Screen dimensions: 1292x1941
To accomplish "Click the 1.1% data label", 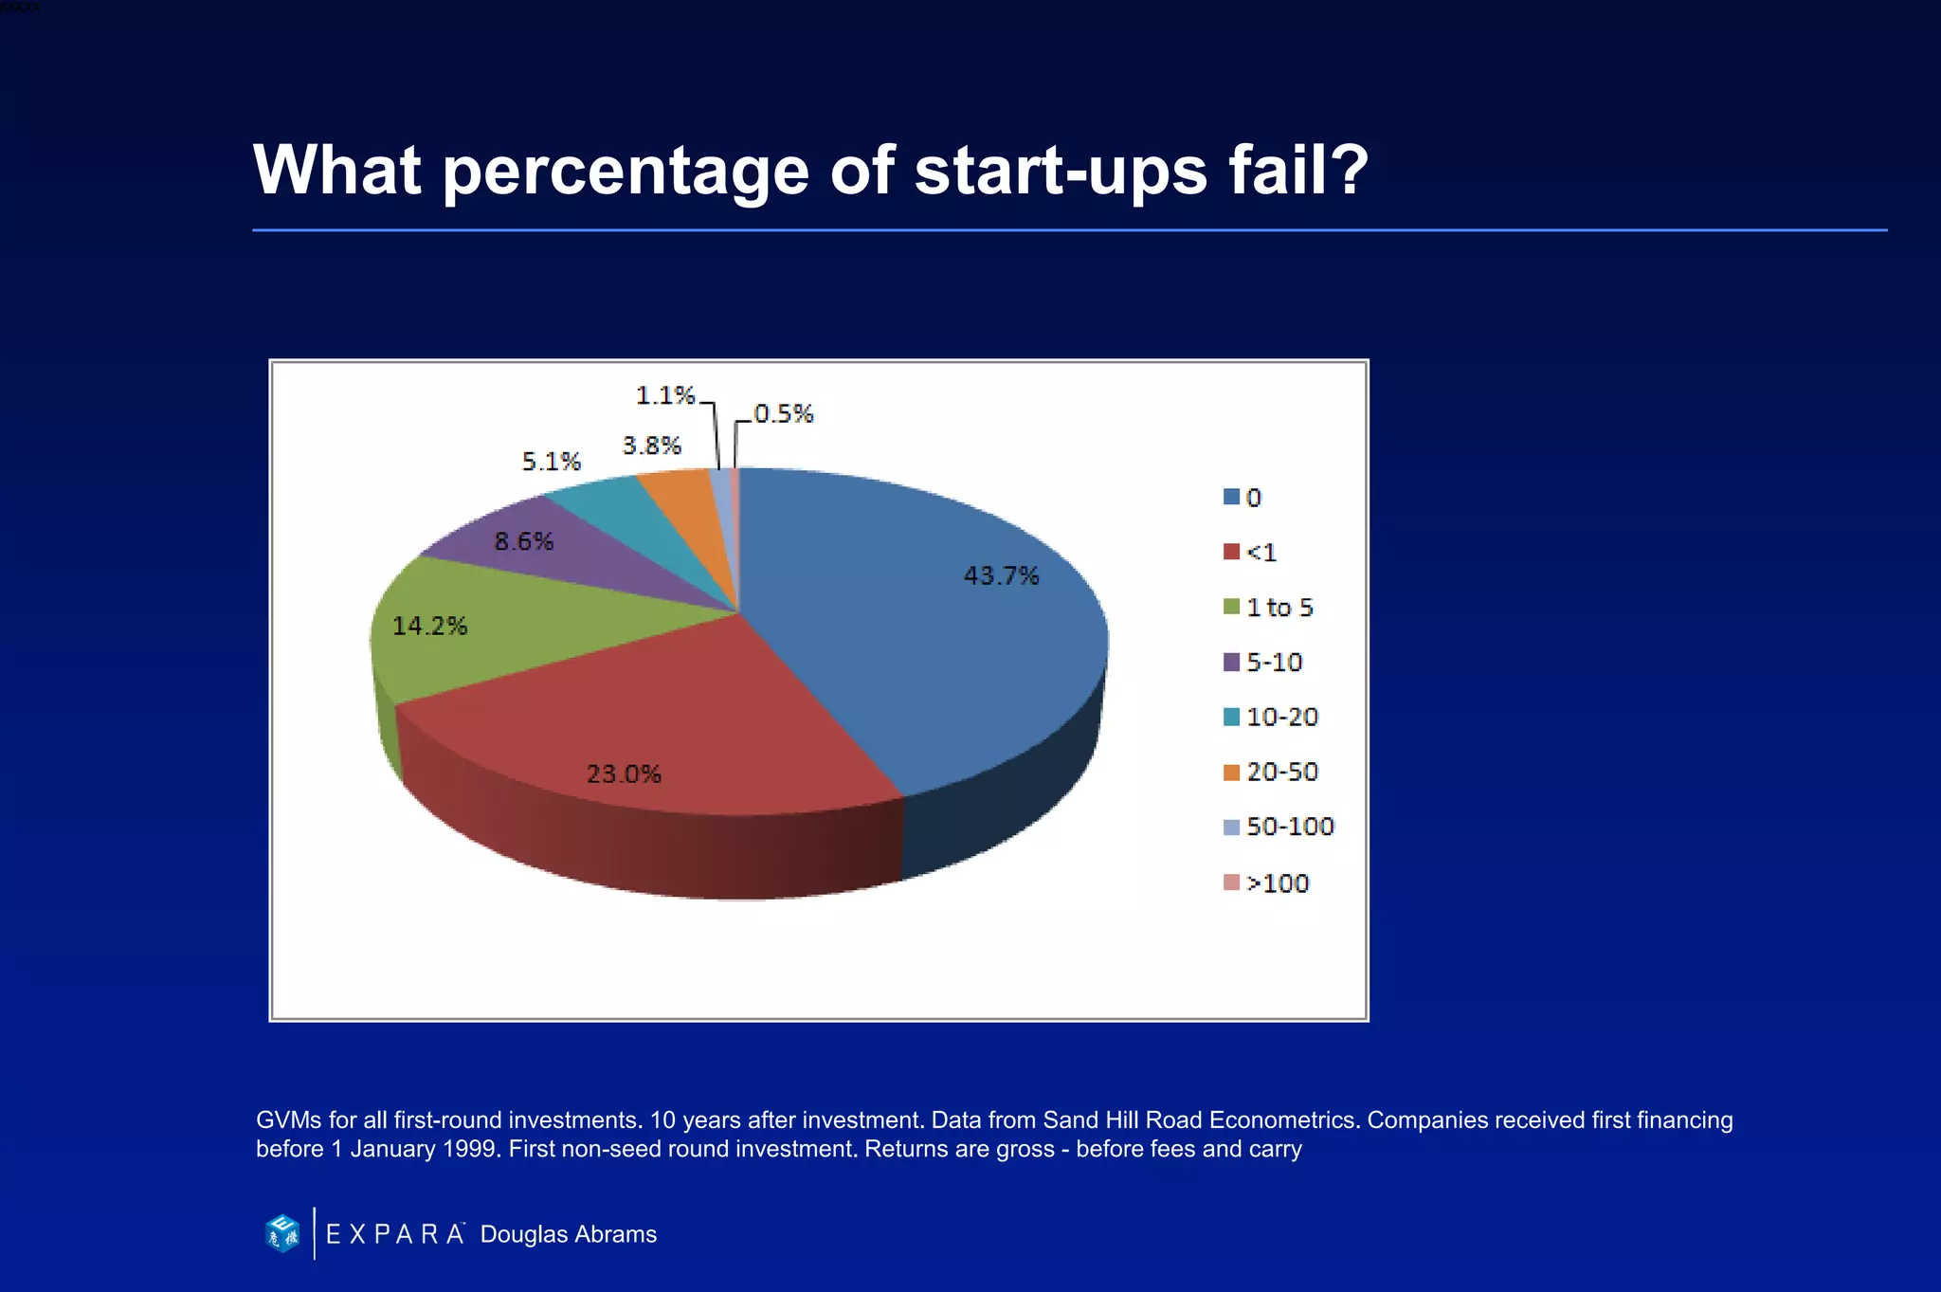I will pyautogui.click(x=665, y=395).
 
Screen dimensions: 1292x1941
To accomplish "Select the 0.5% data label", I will pyautogui.click(x=784, y=414).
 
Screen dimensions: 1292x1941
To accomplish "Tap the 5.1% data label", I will pyautogui.click(x=551, y=462).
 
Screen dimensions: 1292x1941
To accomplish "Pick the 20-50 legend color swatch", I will pyautogui.click(x=1232, y=773).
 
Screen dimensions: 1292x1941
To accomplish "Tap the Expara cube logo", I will pyautogui.click(x=282, y=1233).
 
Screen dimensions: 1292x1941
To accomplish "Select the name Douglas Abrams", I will pyautogui.click(x=568, y=1234).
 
